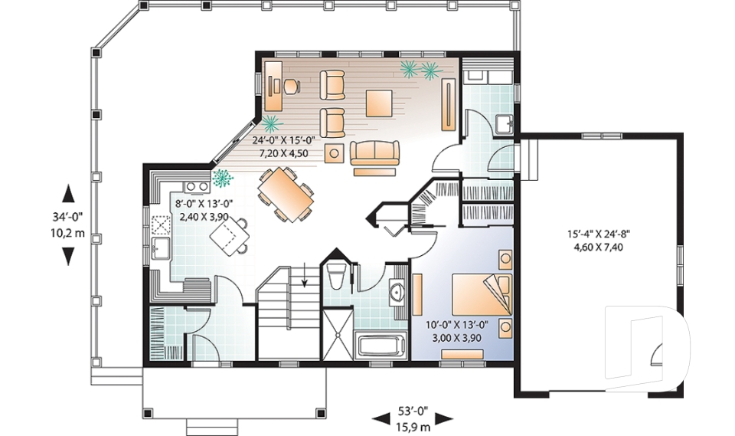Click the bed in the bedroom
(482, 295)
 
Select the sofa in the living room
(374, 152)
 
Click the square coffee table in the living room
(379, 103)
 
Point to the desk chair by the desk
(291, 86)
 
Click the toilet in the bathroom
(337, 277)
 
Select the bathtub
(381, 346)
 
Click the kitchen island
(228, 237)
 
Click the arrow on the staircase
(305, 274)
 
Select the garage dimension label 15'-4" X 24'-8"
(599, 233)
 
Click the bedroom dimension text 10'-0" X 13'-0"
(457, 324)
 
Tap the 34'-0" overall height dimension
(68, 216)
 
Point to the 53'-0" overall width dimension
(413, 411)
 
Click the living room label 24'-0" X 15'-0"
(284, 140)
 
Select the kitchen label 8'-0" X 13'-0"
(204, 204)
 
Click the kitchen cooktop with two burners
(197, 186)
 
